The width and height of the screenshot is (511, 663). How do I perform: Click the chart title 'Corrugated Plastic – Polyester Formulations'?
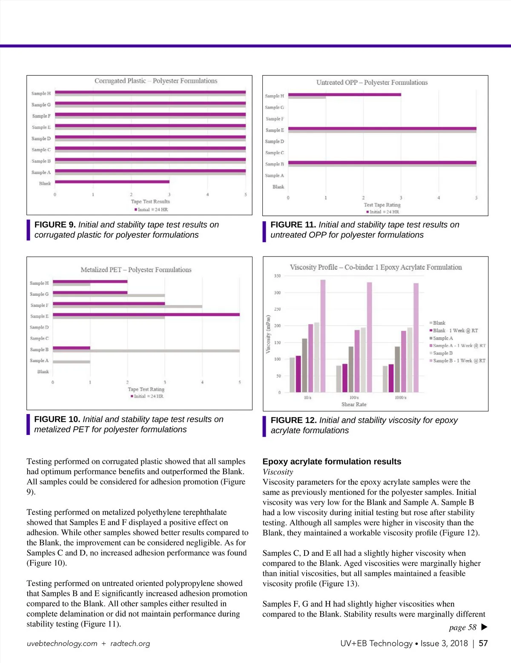point(156,81)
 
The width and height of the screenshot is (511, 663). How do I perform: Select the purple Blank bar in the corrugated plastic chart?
point(112,182)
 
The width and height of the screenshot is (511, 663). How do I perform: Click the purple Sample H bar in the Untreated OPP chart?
point(344,94)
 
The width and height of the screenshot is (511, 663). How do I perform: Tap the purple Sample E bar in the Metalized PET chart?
point(146,314)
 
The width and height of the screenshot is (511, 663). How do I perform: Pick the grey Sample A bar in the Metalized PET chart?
point(71,362)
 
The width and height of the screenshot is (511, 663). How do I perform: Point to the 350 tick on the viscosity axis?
point(277,276)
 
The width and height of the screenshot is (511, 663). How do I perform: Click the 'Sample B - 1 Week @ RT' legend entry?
point(459,361)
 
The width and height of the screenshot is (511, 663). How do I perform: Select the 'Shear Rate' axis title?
point(353,404)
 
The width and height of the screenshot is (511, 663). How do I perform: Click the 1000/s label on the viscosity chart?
point(400,397)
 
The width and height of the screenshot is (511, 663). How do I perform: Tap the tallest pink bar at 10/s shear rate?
point(323,336)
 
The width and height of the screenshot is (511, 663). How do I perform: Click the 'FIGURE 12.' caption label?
point(293,420)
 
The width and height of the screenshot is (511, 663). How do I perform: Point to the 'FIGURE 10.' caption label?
point(57,420)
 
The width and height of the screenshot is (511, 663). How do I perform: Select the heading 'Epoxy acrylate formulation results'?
point(332,462)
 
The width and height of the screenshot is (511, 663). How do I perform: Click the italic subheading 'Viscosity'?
point(278,472)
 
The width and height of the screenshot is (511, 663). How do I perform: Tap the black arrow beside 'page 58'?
point(484,627)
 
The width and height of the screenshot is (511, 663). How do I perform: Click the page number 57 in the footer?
point(483,643)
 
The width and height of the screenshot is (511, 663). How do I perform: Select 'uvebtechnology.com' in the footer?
point(62,643)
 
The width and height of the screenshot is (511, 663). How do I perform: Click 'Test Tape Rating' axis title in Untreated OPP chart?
point(382,205)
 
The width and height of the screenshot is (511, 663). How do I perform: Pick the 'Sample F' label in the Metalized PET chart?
point(39,305)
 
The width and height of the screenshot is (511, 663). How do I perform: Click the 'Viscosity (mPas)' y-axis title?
point(268,334)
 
